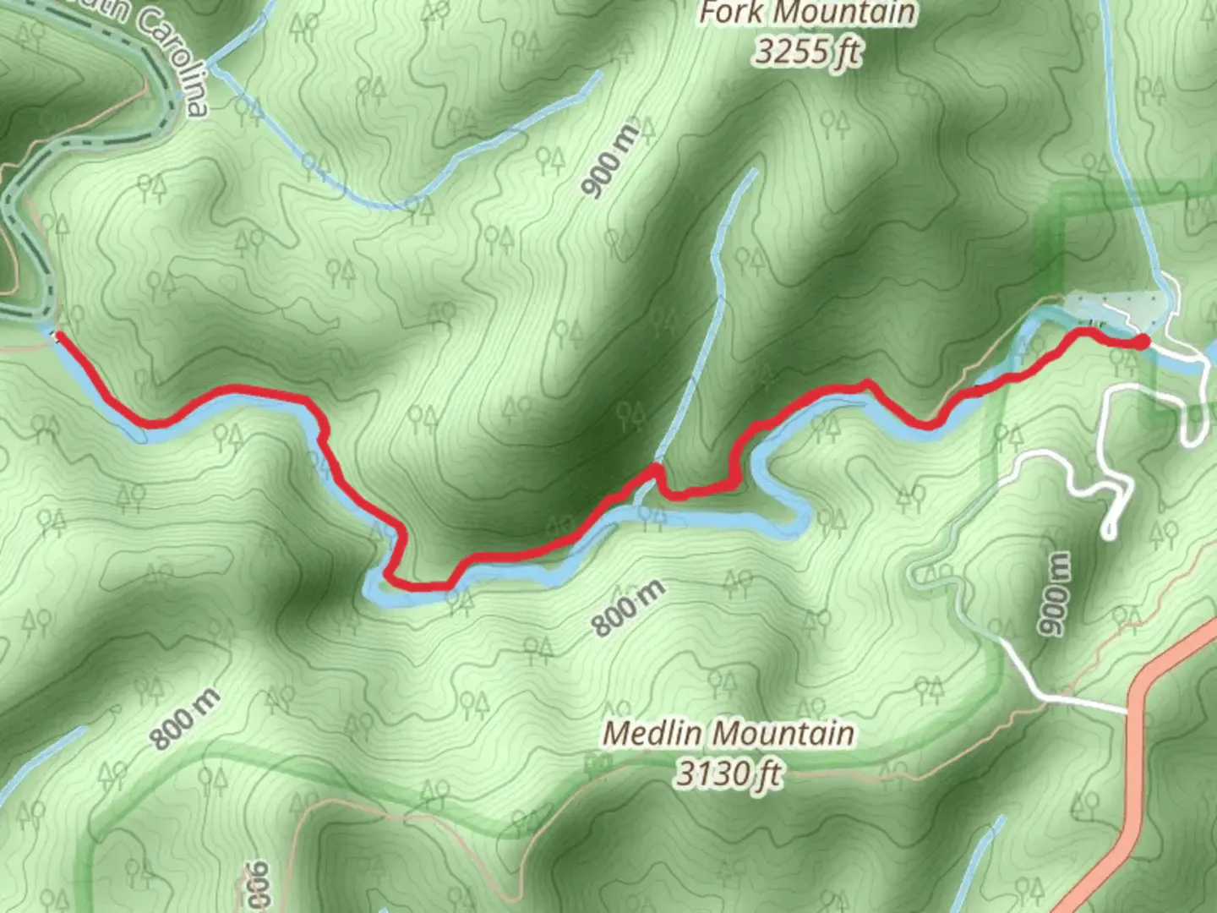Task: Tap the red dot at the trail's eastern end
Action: click(x=1141, y=342)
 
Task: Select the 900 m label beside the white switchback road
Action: click(x=1054, y=593)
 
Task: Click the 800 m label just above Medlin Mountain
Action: click(x=627, y=608)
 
